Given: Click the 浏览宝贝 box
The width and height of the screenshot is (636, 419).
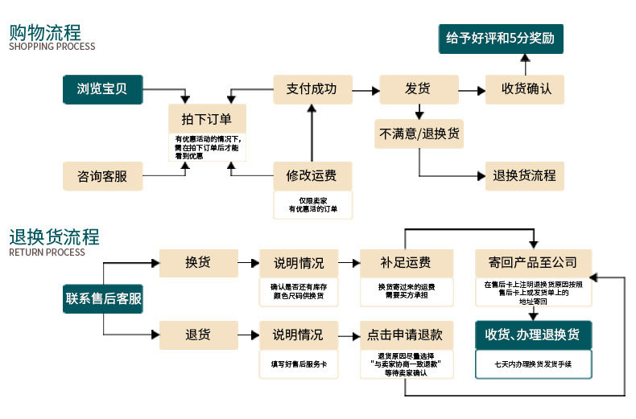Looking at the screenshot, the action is coord(102,89).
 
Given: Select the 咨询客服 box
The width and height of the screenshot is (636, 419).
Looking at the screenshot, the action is coord(102,176).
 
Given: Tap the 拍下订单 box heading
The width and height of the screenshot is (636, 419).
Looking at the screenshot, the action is coord(207,119).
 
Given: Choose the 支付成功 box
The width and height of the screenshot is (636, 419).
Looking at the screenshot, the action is coord(312,89).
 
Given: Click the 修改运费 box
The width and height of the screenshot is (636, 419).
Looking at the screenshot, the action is coord(312,176).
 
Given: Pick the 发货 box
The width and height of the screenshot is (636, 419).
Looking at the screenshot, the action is coord(419,89).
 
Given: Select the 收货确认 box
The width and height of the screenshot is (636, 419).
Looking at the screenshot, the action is coord(525,89).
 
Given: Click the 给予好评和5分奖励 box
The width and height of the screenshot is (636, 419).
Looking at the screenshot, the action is coord(501,39).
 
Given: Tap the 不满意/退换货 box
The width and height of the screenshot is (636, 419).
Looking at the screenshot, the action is coord(419,134).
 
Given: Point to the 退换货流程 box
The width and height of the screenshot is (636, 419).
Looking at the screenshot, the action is coord(525,176).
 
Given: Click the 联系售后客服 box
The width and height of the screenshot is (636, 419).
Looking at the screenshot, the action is coord(102,298).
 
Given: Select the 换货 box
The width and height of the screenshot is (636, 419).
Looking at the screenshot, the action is coord(198,263).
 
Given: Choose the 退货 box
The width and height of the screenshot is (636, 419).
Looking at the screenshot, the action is coord(198,335).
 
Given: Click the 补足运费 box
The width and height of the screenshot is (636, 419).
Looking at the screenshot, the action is coord(407,263).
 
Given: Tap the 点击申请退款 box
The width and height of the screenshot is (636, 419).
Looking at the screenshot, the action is coord(407,335).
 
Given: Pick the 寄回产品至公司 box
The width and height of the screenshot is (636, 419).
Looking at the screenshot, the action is coord(534,263).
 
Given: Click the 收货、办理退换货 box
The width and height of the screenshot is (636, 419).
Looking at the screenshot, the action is coord(534,335).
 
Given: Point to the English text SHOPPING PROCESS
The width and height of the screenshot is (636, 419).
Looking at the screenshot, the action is coord(52,47).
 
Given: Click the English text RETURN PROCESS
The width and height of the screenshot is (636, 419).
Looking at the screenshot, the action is coord(47,253).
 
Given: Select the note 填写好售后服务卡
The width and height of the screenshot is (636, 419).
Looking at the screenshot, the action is coord(299,364).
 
